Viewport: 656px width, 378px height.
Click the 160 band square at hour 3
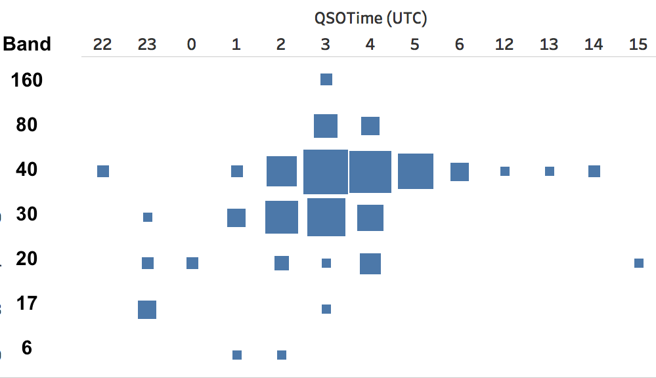tap(326, 79)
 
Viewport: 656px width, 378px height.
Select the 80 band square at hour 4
tap(370, 126)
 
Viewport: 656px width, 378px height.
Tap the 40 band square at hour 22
tap(103, 171)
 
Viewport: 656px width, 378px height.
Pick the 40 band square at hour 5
tap(416, 171)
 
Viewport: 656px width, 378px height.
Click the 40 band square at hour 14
tap(594, 171)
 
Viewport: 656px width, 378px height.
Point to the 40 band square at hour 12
tap(505, 171)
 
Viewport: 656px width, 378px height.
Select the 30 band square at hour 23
tap(148, 217)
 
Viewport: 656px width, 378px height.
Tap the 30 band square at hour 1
tap(236, 218)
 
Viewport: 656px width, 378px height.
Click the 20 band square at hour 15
tap(639, 263)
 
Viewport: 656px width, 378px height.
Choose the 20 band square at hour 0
tap(192, 263)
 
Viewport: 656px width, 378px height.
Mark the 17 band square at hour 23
tap(147, 310)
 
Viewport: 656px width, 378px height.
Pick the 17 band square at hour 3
tap(326, 309)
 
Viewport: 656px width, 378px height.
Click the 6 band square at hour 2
tap(282, 355)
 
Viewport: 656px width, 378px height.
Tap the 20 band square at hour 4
tap(370, 264)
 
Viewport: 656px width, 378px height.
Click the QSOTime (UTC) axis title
tap(370, 18)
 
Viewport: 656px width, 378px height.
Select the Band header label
tap(27, 44)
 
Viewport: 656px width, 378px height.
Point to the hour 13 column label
tap(549, 45)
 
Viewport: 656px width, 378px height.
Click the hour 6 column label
tap(460, 45)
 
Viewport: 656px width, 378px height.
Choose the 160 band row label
tap(27, 80)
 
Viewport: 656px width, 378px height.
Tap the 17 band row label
tap(27, 304)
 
